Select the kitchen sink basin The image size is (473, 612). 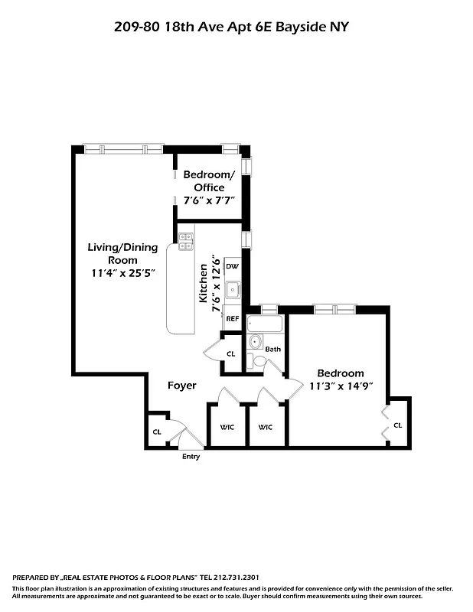click(235, 290)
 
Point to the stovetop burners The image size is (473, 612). click(185, 242)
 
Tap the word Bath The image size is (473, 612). click(273, 350)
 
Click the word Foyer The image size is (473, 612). click(182, 386)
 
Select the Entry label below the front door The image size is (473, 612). click(191, 457)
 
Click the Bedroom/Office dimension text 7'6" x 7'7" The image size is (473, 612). click(208, 200)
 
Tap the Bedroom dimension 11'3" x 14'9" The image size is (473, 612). click(341, 386)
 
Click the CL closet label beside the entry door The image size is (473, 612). click(157, 432)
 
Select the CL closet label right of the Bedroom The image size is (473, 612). click(398, 425)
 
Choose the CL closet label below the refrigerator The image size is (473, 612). click(231, 353)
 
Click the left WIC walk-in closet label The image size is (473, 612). click(227, 427)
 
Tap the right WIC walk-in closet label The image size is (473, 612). click(266, 427)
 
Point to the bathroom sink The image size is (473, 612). click(255, 342)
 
